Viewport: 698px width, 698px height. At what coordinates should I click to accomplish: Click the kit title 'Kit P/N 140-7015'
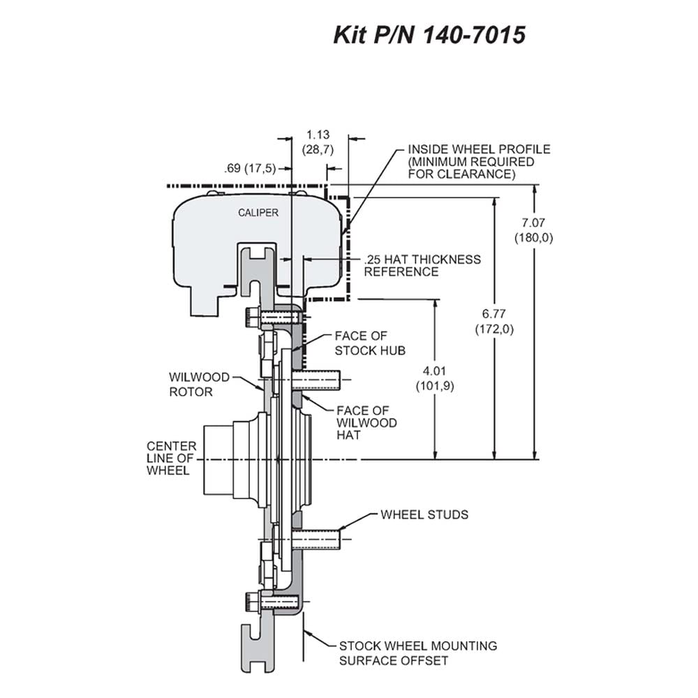pyautogui.click(x=429, y=35)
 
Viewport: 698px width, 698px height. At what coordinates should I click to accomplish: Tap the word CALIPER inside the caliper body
pyautogui.click(x=258, y=213)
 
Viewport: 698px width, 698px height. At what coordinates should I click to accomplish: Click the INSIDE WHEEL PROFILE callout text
pyautogui.click(x=479, y=162)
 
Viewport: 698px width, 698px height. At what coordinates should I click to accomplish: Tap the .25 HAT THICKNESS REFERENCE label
pyautogui.click(x=422, y=265)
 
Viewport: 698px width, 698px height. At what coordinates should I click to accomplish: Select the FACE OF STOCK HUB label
pyautogui.click(x=370, y=343)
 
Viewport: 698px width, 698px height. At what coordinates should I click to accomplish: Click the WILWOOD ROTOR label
pyautogui.click(x=199, y=385)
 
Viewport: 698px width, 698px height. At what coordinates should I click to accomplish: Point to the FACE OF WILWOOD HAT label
pyautogui.click(x=366, y=422)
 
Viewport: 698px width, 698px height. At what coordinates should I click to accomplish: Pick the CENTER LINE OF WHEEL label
pyautogui.click(x=172, y=458)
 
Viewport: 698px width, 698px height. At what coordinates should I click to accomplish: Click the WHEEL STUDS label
pyautogui.click(x=424, y=514)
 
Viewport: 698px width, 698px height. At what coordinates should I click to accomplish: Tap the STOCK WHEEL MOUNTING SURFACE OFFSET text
pyautogui.click(x=418, y=653)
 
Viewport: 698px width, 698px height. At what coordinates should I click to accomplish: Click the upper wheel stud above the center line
pyautogui.click(x=315, y=380)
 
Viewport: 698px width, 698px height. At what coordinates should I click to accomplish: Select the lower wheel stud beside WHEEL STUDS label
pyautogui.click(x=315, y=539)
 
